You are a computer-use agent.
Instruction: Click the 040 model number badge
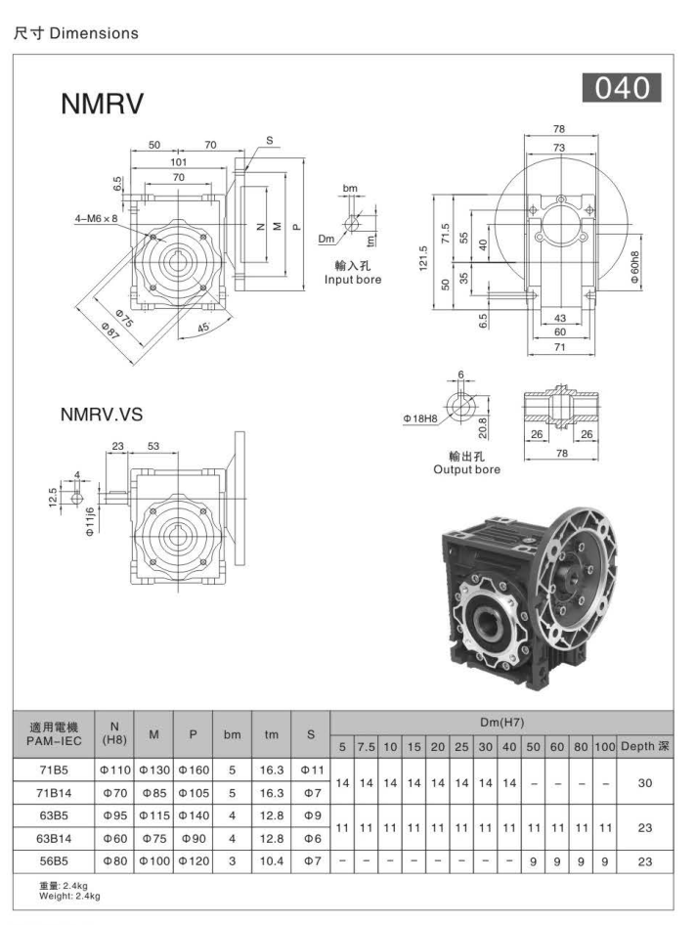(x=622, y=88)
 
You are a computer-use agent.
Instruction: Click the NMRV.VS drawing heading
(x=102, y=415)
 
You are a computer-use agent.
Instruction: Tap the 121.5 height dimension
(x=422, y=259)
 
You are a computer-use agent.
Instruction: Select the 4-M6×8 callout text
(x=97, y=219)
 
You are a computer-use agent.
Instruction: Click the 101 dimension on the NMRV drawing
(x=179, y=161)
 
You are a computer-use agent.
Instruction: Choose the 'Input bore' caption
(x=353, y=281)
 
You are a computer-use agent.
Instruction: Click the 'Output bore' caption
(x=466, y=470)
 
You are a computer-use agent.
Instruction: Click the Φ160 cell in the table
(x=193, y=771)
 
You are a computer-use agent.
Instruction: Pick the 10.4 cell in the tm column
(x=272, y=860)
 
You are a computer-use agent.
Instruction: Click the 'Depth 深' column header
(x=645, y=746)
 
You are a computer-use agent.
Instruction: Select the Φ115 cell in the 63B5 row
(x=153, y=815)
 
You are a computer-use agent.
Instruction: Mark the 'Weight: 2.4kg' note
(x=69, y=895)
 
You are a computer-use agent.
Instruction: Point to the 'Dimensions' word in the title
(x=94, y=33)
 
